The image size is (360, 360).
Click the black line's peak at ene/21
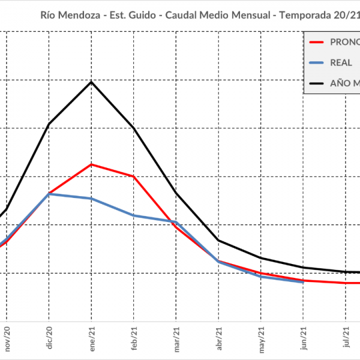91,82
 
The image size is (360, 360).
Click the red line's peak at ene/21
91,164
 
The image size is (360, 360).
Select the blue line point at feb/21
134,215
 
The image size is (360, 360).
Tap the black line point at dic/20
49,124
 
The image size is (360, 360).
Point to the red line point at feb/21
134,176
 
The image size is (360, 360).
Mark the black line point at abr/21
219,241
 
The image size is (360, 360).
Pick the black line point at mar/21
176,193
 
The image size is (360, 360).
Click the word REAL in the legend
341,62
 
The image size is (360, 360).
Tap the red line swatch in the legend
316,42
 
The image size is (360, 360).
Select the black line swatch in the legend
316,83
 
